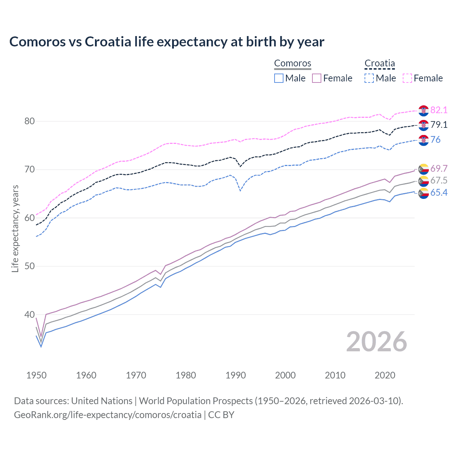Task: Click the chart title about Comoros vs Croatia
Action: tap(167, 42)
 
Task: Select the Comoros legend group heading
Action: tap(292, 64)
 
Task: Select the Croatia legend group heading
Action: tap(380, 64)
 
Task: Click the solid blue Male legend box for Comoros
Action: tap(279, 78)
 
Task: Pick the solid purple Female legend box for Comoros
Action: tap(317, 78)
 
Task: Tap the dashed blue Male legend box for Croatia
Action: tap(369, 78)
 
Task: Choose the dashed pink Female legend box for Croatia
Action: tap(407, 78)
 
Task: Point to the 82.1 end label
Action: tap(439, 110)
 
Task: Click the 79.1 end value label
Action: tap(439, 125)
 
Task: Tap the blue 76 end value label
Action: tap(436, 140)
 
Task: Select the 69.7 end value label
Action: tap(439, 169)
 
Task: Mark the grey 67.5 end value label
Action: tap(439, 180)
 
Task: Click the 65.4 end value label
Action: tap(439, 193)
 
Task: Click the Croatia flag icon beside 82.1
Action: tap(423, 111)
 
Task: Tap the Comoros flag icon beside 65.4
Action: tap(423, 193)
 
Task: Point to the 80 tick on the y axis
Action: tap(30, 121)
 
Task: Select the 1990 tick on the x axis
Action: tap(236, 375)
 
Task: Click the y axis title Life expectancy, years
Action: tap(15, 228)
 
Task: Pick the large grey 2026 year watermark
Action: tap(377, 342)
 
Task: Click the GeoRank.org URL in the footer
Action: tap(107, 415)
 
